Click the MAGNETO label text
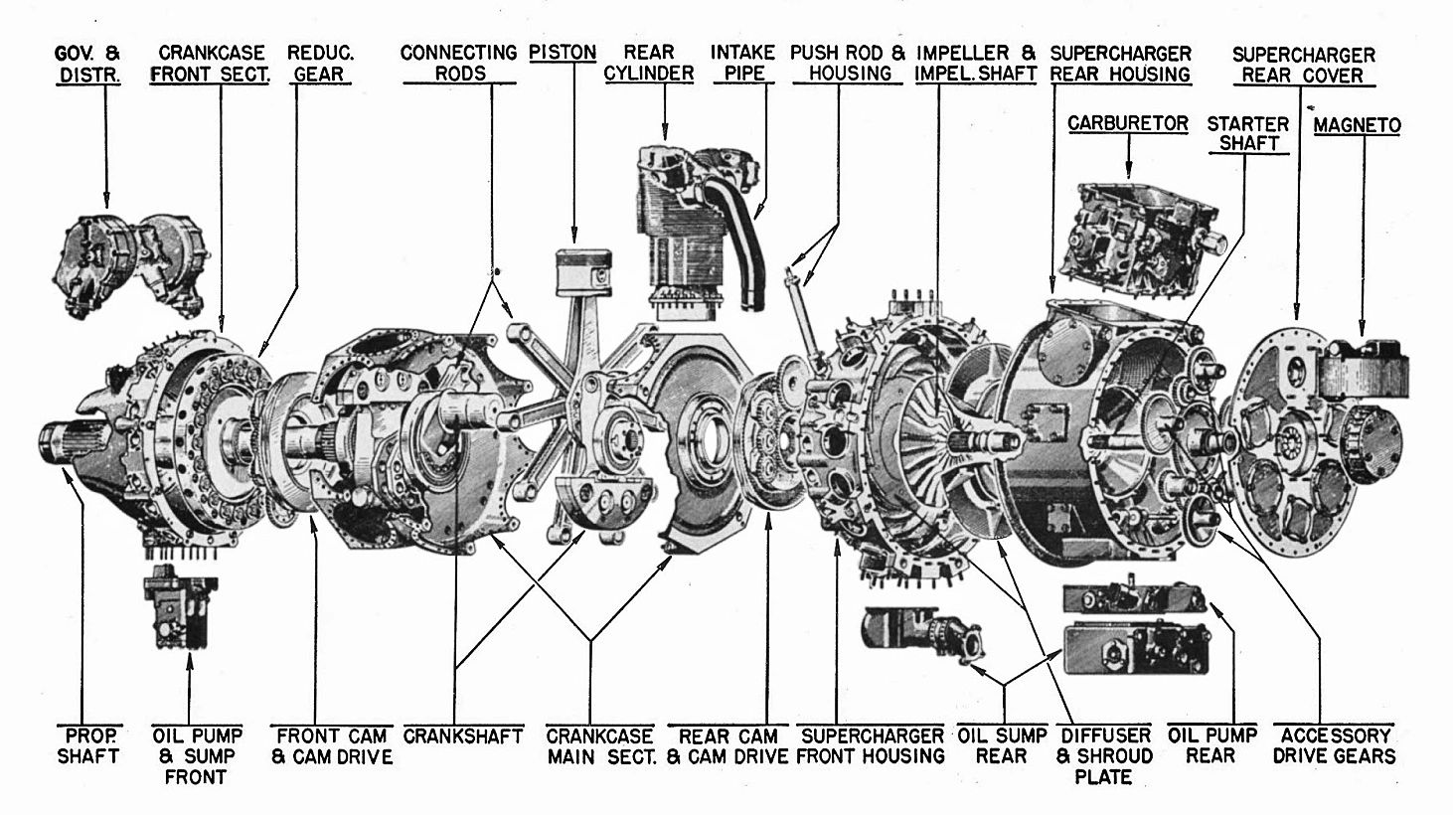click(x=1357, y=125)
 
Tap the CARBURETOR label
click(x=1128, y=123)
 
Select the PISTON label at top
click(x=563, y=53)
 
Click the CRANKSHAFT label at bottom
click(x=463, y=736)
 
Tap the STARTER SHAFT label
click(x=1247, y=133)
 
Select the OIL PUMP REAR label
click(x=1212, y=745)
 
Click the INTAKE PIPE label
click(x=743, y=63)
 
